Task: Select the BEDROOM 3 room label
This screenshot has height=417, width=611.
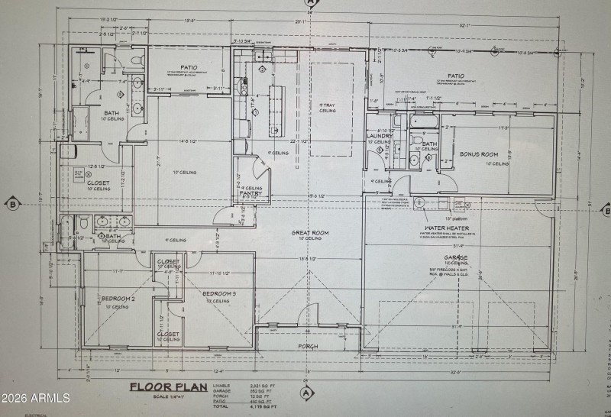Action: (219, 293)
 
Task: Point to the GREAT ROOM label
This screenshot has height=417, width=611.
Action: (309, 232)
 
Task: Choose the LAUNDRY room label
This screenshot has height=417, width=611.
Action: (380, 136)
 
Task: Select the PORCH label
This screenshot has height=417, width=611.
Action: (309, 346)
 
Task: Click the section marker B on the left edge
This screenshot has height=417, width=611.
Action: (12, 204)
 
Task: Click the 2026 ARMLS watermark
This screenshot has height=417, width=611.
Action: (36, 398)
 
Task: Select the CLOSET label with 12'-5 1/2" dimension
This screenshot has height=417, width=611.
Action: (98, 183)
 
